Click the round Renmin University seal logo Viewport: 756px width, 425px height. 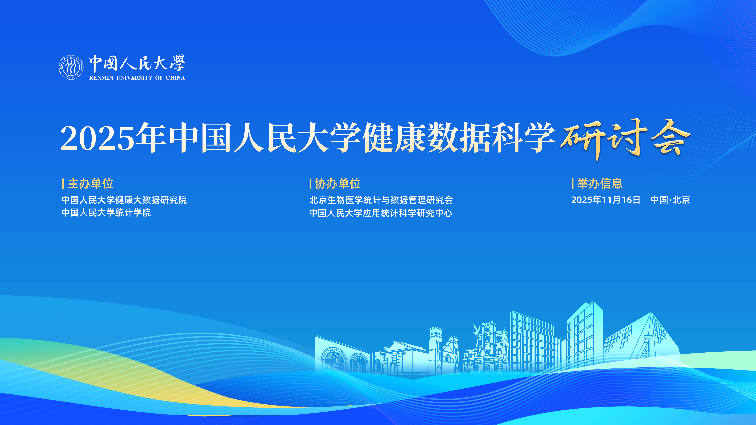(x=71, y=67)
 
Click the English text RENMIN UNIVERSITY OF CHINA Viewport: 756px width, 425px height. (x=137, y=78)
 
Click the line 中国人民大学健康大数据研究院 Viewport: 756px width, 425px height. (x=124, y=200)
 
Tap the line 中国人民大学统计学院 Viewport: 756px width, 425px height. (x=106, y=213)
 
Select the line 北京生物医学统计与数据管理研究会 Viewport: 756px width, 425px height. (x=381, y=200)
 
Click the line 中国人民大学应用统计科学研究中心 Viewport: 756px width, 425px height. (x=381, y=213)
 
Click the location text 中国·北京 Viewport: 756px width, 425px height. (x=670, y=200)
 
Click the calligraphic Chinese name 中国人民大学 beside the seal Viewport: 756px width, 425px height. (x=137, y=63)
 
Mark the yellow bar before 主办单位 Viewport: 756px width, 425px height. (x=63, y=184)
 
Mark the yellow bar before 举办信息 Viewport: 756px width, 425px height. (x=573, y=184)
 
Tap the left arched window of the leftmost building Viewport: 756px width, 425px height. (x=334, y=360)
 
